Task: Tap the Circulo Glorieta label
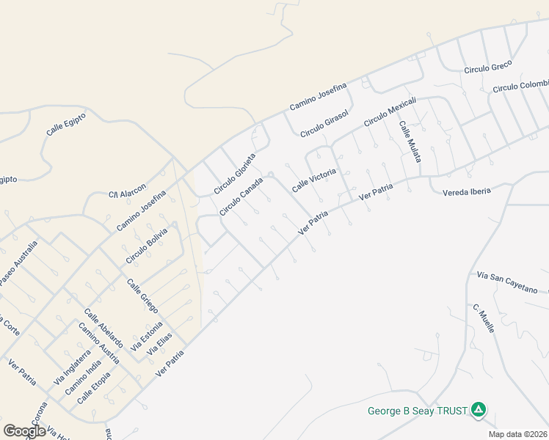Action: coord(234,174)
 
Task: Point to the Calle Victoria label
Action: coord(314,180)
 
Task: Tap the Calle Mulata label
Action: coord(410,140)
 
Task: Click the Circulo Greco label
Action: coord(487,67)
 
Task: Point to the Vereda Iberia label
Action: coord(466,191)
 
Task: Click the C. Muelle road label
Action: coord(484,318)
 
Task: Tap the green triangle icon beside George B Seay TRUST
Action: coord(479,410)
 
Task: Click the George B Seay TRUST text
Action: coord(418,411)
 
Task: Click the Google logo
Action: coord(24,431)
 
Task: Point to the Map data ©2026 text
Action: coord(518,434)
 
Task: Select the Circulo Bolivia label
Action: coord(147,246)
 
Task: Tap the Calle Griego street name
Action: coord(142,295)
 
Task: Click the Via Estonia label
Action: coord(146,334)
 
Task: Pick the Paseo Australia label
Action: coord(17,263)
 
